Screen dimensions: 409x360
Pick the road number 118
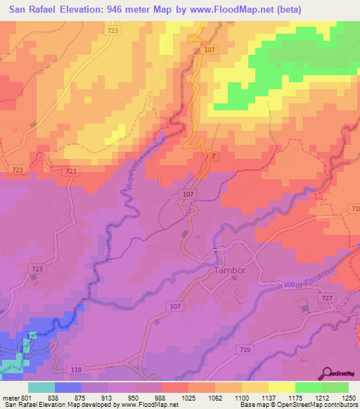(77, 370)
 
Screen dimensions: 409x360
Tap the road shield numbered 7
(214, 155)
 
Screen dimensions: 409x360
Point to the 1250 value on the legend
(349, 397)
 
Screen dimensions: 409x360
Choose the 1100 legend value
(242, 397)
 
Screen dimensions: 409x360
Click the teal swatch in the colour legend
(41, 387)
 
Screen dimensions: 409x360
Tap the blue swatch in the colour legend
(68, 387)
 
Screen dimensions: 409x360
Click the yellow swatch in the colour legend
(282, 387)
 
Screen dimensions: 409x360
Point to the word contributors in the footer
(340, 405)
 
